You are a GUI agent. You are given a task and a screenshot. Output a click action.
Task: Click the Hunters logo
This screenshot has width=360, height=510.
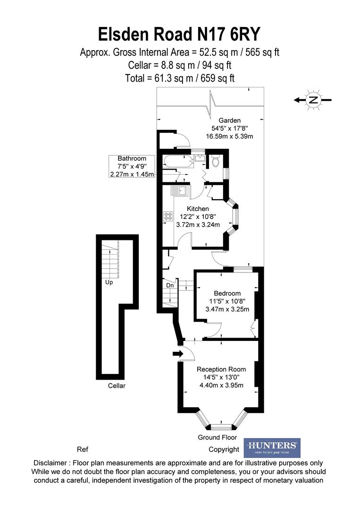[x=272, y=447]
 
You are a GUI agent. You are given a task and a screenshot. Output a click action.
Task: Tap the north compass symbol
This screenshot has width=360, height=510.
[x=313, y=100]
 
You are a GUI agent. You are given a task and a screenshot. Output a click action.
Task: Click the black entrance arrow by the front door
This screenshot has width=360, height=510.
[x=177, y=353]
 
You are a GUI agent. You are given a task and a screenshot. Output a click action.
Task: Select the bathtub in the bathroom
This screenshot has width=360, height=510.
[x=178, y=161]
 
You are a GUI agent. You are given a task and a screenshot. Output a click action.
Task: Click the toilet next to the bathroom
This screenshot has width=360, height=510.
[x=216, y=161]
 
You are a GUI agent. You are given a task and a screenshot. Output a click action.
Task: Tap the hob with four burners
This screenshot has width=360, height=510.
[x=168, y=216]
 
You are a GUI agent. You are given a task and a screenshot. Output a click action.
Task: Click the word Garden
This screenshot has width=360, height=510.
[x=229, y=120]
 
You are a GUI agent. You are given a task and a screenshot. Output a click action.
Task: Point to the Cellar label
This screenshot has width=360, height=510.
[x=117, y=386]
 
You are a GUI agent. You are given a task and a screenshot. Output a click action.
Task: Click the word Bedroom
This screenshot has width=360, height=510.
[x=227, y=293]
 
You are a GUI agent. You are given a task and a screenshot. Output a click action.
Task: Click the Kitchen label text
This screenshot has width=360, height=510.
[x=198, y=209]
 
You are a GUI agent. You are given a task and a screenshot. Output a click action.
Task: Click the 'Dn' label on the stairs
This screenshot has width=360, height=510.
[x=170, y=285]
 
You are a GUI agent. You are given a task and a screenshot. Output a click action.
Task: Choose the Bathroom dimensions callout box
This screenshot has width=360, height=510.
[x=132, y=166]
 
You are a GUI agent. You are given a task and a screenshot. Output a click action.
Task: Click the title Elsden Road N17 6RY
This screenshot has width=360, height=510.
[x=179, y=35]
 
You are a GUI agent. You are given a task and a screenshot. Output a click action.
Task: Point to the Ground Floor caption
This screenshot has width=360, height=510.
[x=217, y=438]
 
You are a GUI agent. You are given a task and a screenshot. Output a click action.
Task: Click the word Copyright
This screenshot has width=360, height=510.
[x=224, y=449]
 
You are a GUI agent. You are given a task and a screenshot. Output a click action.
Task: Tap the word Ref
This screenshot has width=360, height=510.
[x=82, y=449]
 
